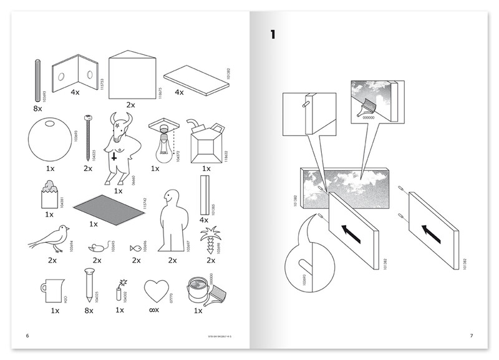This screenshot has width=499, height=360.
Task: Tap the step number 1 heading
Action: (x=274, y=34)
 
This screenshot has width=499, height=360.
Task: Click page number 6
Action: (x=27, y=337)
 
